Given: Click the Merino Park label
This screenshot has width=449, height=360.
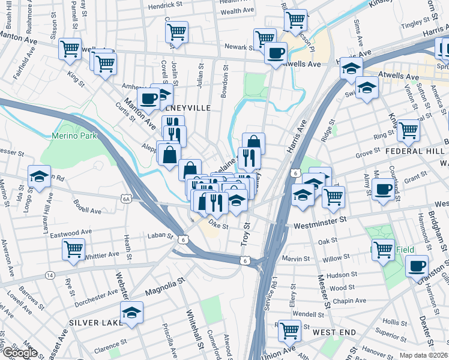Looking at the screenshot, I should [80, 136].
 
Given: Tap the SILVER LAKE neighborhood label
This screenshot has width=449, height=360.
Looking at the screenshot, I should [92, 322].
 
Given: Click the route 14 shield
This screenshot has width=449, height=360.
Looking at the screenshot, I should [49, 275].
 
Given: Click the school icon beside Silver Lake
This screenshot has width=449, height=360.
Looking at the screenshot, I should [131, 312].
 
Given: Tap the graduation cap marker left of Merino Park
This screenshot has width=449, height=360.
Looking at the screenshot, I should [39, 176].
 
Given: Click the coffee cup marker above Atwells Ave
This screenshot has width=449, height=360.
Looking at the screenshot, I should [276, 53].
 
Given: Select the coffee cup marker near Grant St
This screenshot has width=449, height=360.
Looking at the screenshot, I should [382, 190].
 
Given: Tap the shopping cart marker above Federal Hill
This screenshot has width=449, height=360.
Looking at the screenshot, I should [408, 130].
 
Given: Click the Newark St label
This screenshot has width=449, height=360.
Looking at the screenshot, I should [236, 47].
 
